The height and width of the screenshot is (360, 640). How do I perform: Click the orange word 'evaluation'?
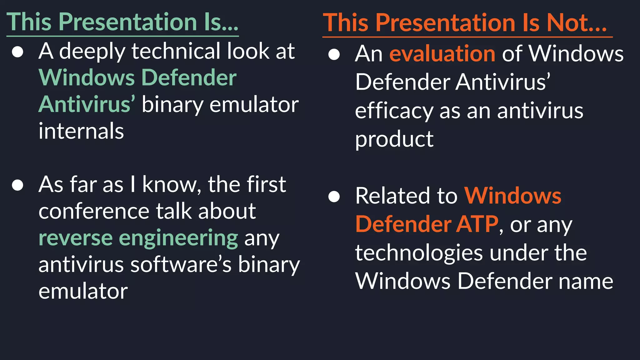click(442, 54)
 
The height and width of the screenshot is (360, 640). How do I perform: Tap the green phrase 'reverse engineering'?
click(138, 238)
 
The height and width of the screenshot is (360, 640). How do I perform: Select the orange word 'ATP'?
click(477, 224)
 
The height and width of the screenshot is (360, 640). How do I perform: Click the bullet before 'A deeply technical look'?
click(17, 52)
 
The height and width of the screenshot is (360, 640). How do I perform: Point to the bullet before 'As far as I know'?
click(17, 185)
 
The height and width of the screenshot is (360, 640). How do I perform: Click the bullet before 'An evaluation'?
click(334, 55)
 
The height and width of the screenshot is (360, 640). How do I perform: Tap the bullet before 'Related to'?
click(334, 197)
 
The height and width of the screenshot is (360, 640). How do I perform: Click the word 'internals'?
click(81, 131)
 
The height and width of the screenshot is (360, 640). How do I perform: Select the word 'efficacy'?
click(394, 111)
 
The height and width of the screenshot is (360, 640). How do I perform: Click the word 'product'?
click(394, 139)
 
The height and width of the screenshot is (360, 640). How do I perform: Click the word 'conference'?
click(94, 211)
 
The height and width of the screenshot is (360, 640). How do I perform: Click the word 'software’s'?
click(181, 265)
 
